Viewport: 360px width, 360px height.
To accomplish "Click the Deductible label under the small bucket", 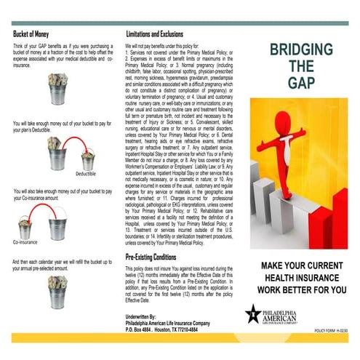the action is (85, 175).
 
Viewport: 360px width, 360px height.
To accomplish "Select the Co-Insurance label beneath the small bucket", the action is (27, 241).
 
